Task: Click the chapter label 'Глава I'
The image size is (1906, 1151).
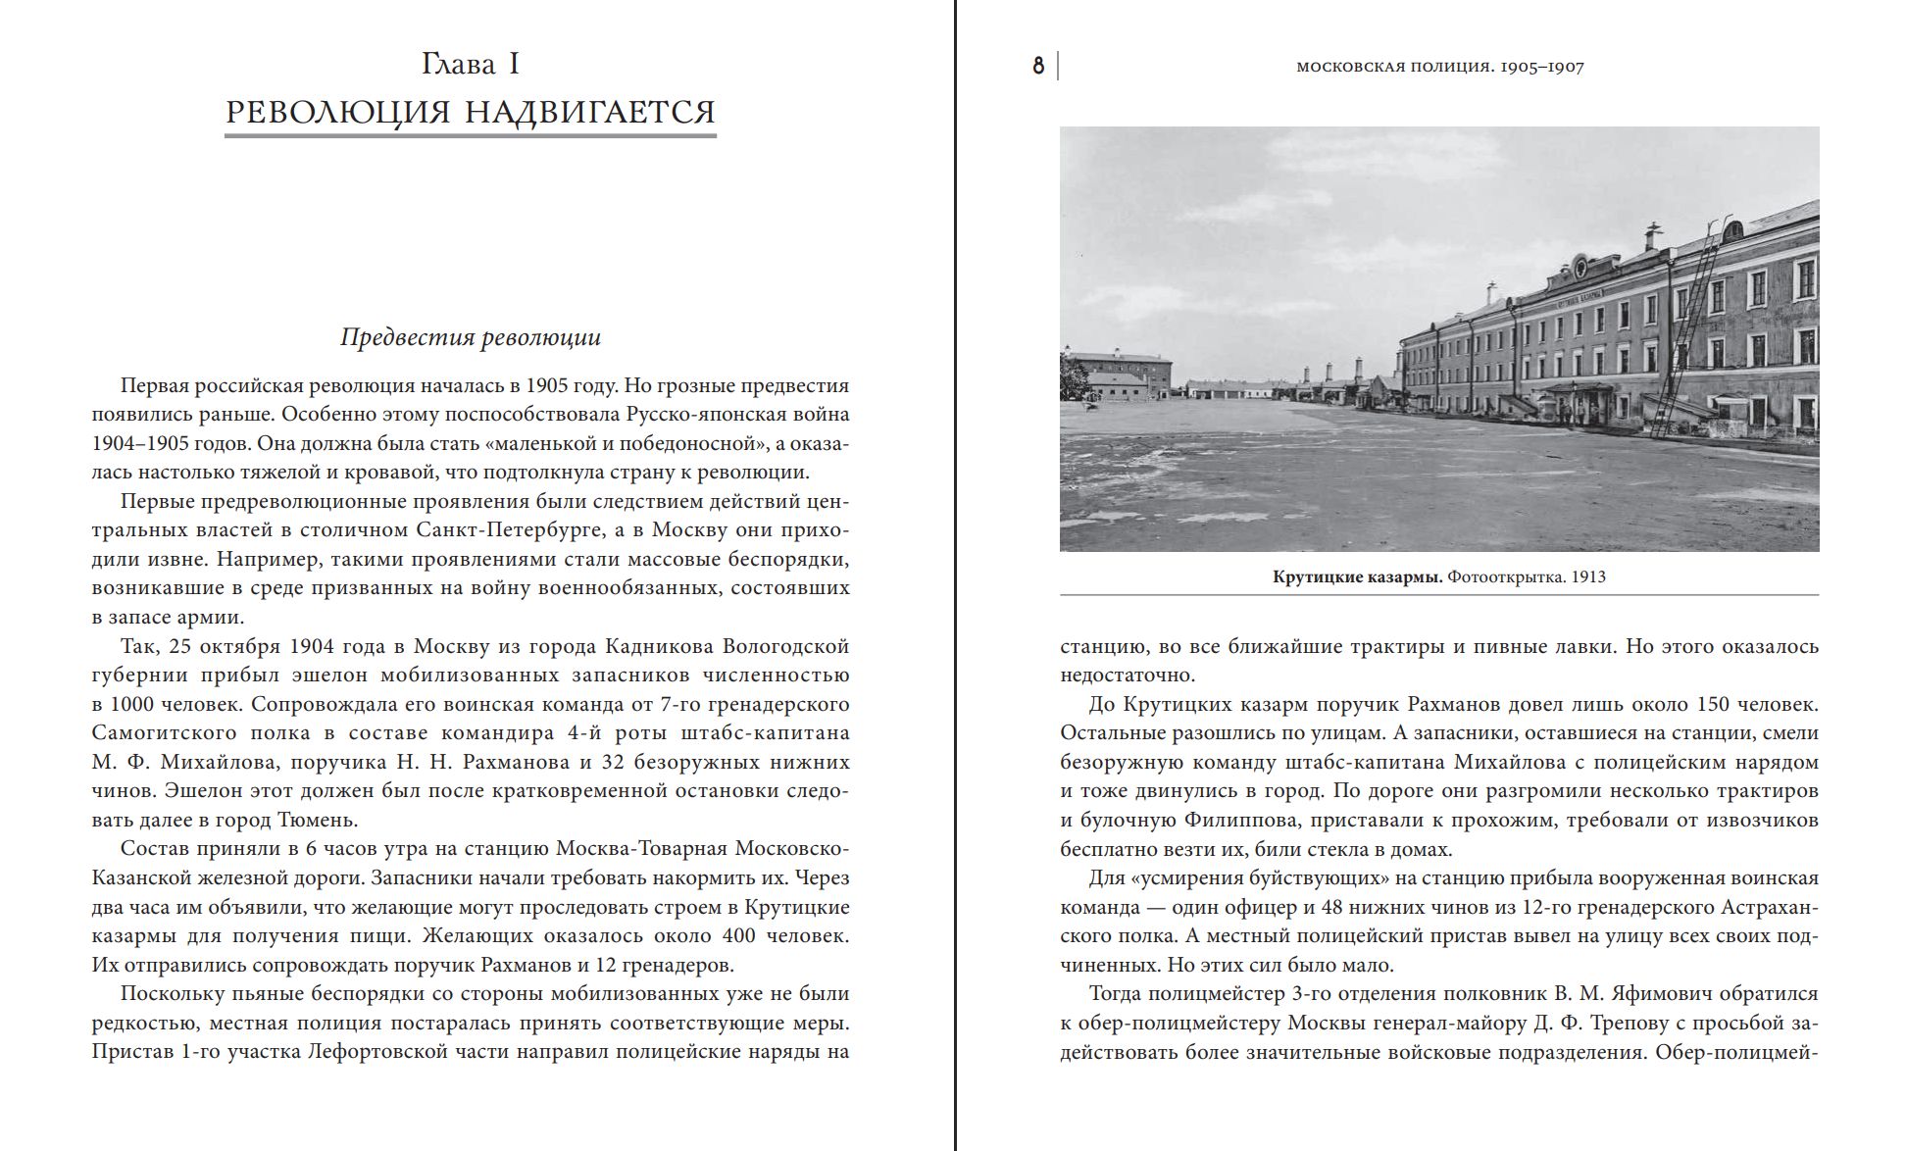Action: click(x=470, y=65)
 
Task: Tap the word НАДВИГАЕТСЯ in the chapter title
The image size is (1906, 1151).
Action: click(x=589, y=112)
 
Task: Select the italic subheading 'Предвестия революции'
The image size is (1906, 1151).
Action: click(x=470, y=337)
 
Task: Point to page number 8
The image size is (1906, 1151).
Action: click(x=1038, y=67)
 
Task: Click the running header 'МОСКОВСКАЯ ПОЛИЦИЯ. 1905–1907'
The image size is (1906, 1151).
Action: click(x=1439, y=67)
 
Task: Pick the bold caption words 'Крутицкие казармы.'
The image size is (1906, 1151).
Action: click(x=1357, y=576)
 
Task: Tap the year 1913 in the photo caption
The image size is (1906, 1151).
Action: click(x=1588, y=576)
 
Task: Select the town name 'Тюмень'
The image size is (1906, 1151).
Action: click(x=316, y=820)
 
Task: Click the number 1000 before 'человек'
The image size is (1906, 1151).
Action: click(x=137, y=704)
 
